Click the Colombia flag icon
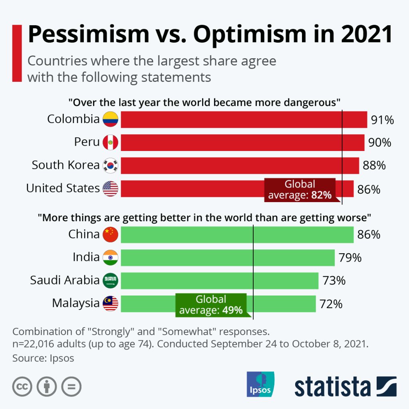pos(111,119)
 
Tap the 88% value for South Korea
pos(374,165)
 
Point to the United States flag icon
pos(111,189)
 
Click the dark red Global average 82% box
pos(300,190)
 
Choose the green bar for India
pos(227,258)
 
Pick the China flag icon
pos(111,234)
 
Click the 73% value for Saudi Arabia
pos(334,281)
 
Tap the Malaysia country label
pos(75,303)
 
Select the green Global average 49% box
pos(211,305)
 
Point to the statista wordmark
pos(333,387)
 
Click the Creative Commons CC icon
pos(22,387)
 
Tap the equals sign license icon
pos(71,387)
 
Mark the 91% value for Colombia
pos(382,120)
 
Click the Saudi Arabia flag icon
pos(111,280)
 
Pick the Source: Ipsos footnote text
pos(43,358)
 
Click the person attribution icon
pos(47,387)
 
